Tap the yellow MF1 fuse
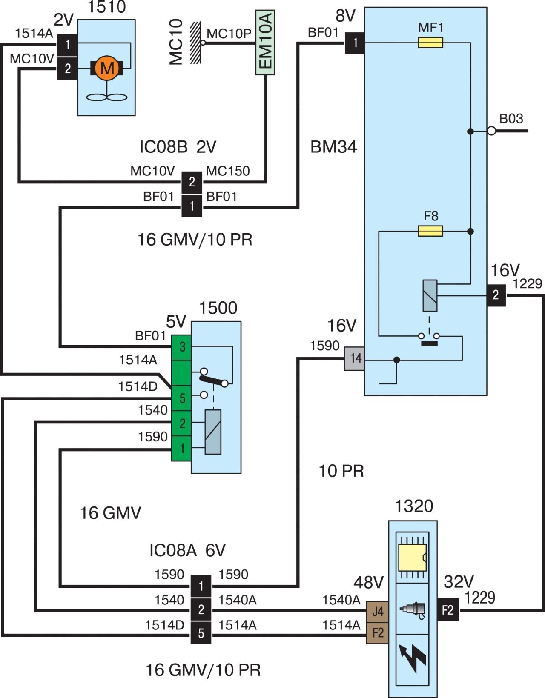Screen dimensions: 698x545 click(x=430, y=43)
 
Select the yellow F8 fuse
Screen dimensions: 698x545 click(x=430, y=231)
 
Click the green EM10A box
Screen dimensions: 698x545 click(x=265, y=43)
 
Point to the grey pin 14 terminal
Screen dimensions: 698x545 click(x=354, y=358)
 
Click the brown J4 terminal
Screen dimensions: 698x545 click(x=378, y=612)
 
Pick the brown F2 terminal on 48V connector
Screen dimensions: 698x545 click(x=378, y=633)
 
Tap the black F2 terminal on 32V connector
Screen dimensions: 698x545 click(x=448, y=610)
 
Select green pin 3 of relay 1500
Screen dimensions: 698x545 click(x=182, y=347)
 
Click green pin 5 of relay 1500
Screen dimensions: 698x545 click(x=182, y=398)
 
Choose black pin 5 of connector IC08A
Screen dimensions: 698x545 click(x=201, y=634)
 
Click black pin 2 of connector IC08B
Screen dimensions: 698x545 click(x=192, y=182)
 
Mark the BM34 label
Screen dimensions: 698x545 click(x=333, y=147)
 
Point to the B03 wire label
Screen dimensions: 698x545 click(x=511, y=119)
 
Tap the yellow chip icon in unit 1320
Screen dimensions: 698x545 click(x=412, y=557)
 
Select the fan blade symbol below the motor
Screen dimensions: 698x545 click(x=107, y=97)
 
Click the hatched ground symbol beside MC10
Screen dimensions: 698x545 click(x=195, y=43)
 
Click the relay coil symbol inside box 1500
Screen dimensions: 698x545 click(x=213, y=432)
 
